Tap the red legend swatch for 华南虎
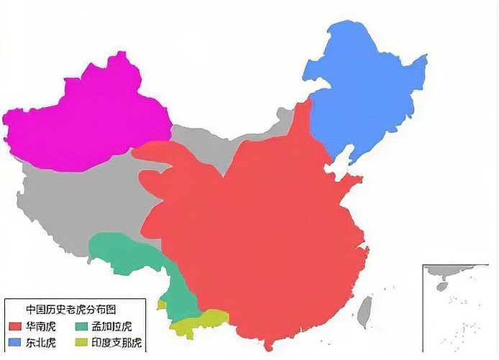[15, 327]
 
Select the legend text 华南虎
[41, 327]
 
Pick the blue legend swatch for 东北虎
[15, 343]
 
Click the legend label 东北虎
[41, 343]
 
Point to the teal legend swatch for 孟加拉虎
[81, 327]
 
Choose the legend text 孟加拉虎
[111, 327]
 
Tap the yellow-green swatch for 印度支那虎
[81, 343]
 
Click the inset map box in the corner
[459, 309]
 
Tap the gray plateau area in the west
[72, 201]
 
